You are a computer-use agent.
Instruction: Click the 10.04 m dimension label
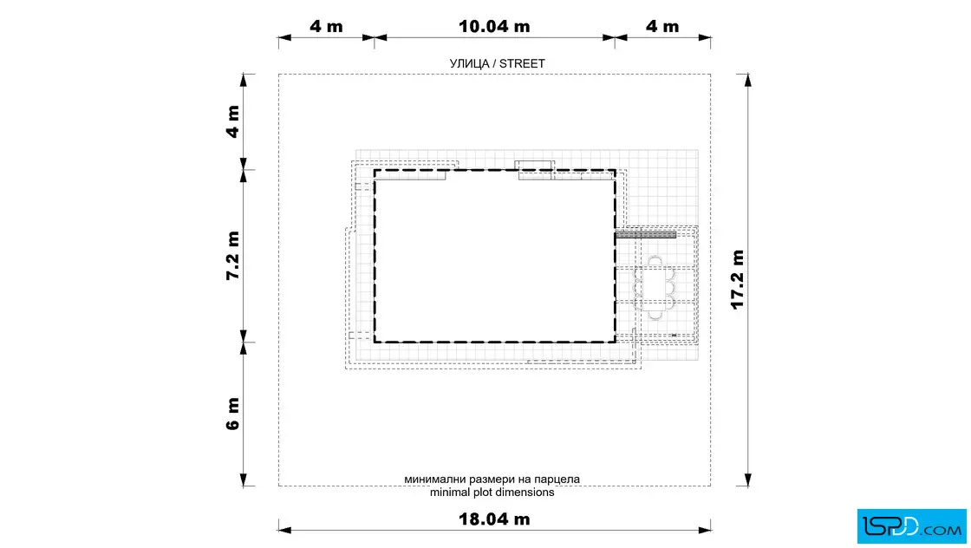[x=494, y=27]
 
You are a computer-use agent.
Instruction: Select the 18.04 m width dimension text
[x=494, y=519]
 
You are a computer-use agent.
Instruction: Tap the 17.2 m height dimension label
[x=737, y=279]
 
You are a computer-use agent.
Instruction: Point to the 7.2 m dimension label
[x=232, y=256]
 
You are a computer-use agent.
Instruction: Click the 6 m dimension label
[x=232, y=414]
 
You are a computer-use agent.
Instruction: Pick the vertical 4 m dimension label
[x=232, y=121]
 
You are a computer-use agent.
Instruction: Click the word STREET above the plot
[x=522, y=64]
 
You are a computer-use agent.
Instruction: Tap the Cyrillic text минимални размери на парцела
[x=492, y=479]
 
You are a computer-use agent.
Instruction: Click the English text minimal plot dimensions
[x=492, y=493]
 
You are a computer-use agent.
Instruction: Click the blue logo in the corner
[x=911, y=526]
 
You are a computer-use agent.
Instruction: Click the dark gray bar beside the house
[x=645, y=235]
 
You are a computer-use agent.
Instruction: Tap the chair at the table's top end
[x=655, y=261]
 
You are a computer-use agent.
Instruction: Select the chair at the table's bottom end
[x=655, y=316]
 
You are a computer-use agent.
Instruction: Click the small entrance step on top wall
[x=534, y=165]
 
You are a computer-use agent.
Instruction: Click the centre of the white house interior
[x=495, y=256]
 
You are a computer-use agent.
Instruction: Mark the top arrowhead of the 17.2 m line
[x=747, y=80]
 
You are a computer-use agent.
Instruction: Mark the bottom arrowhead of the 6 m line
[x=244, y=479]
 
